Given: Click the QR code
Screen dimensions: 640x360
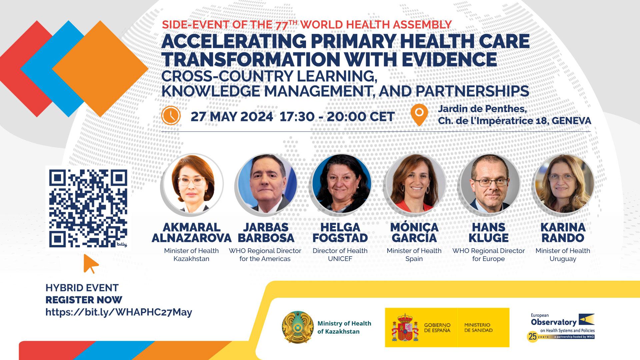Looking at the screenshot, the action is pos(88,208).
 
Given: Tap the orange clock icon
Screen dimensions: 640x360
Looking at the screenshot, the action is pos(171,115).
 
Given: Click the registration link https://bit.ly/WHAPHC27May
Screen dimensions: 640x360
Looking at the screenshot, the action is pos(119,312).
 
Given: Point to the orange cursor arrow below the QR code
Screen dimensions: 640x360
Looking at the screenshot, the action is pos(90,263).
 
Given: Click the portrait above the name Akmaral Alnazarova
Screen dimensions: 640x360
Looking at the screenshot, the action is pos(191,184).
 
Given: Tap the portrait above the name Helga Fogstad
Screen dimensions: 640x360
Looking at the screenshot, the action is pos(340,184).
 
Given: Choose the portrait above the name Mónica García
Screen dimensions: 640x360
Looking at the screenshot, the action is pos(414,184).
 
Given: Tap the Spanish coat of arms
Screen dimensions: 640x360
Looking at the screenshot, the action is pos(405,328).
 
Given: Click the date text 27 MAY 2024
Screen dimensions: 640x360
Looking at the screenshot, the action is pos(232,117).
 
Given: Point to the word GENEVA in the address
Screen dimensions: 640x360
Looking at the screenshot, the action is pos(571,121).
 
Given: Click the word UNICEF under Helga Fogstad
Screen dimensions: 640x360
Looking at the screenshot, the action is pos(340,259).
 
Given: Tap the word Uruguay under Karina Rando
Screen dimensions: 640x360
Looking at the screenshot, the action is pos(563,259).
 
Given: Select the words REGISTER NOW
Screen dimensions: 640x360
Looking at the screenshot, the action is pos(84,300).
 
